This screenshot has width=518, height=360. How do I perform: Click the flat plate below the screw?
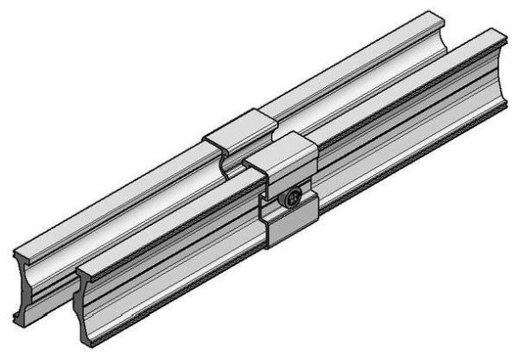[x=290, y=231]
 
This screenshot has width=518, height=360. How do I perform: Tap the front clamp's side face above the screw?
[x=290, y=172]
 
